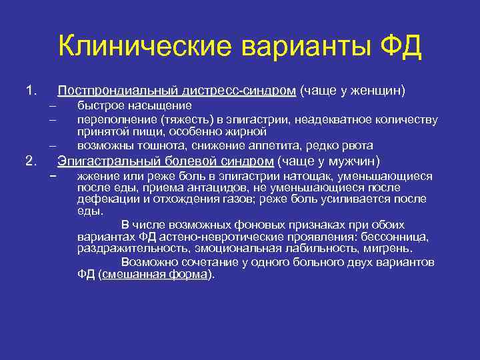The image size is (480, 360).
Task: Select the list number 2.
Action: coord(29,161)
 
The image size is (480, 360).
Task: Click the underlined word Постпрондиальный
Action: coord(109,90)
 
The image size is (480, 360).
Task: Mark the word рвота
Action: coord(358,145)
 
